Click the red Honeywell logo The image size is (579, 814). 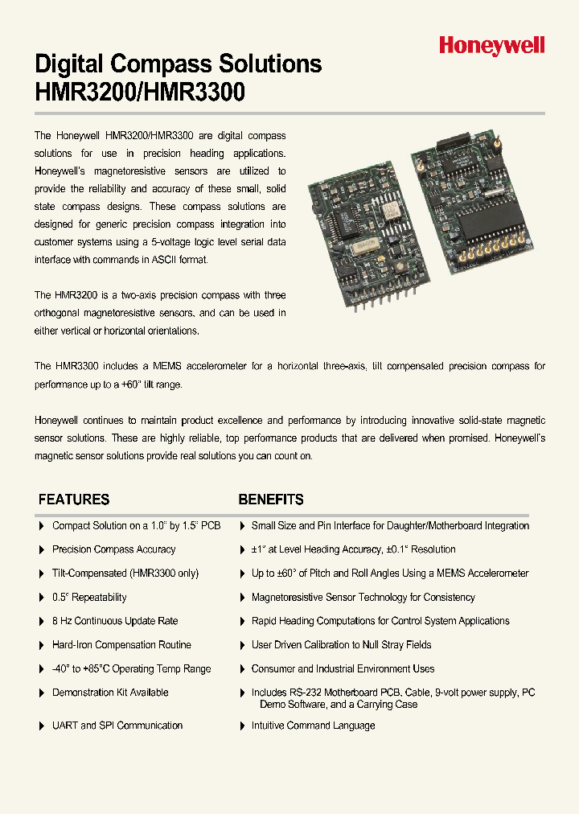(x=491, y=47)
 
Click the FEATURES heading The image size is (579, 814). (x=74, y=499)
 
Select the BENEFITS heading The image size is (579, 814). (x=271, y=499)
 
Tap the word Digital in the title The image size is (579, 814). (x=68, y=64)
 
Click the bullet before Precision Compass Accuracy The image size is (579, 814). (x=42, y=549)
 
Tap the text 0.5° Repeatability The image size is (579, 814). (x=89, y=598)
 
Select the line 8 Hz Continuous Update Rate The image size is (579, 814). (x=115, y=621)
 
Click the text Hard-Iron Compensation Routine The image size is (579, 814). (x=121, y=645)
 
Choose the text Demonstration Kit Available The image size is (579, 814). (x=110, y=693)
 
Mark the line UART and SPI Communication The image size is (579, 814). (x=117, y=726)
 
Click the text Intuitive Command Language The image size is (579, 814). (x=313, y=726)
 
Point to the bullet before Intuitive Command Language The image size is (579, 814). (x=242, y=726)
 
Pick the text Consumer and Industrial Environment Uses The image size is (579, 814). (x=343, y=669)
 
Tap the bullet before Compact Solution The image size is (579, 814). (x=42, y=526)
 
